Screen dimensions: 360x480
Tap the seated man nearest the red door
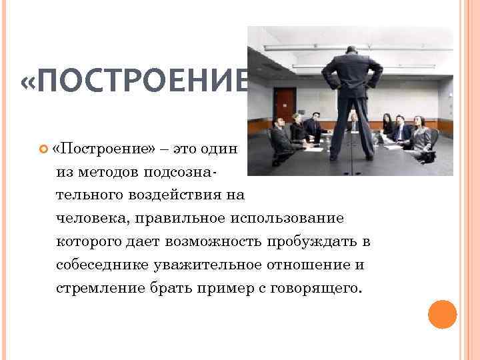296,127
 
